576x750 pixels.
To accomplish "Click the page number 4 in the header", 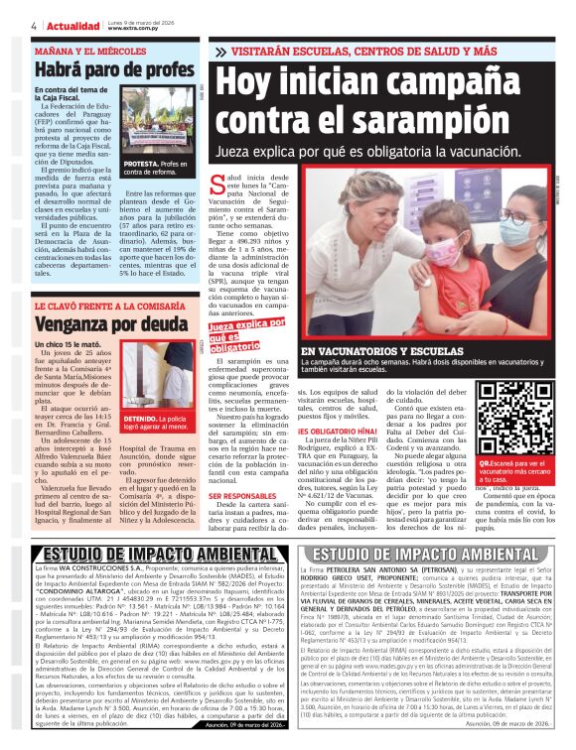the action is (x=34, y=24).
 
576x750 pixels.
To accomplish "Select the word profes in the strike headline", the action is (x=157, y=70).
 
